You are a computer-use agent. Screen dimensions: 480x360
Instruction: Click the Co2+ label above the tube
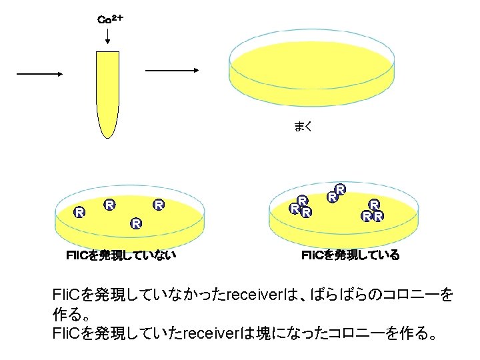[110, 20]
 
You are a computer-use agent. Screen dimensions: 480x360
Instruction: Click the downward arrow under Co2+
[107, 39]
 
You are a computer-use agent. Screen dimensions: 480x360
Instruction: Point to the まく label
[303, 126]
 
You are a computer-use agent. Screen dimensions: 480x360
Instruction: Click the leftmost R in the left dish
[79, 213]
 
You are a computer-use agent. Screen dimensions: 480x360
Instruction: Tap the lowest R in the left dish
[135, 223]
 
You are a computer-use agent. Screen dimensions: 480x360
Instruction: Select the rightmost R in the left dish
[159, 204]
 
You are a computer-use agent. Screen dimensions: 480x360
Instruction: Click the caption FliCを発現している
[351, 255]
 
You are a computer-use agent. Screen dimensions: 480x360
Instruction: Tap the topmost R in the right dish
[340, 190]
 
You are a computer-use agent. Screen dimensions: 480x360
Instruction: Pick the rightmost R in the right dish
[379, 216]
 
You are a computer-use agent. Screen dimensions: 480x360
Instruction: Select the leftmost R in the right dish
[294, 208]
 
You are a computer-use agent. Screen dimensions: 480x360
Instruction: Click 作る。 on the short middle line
[71, 314]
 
